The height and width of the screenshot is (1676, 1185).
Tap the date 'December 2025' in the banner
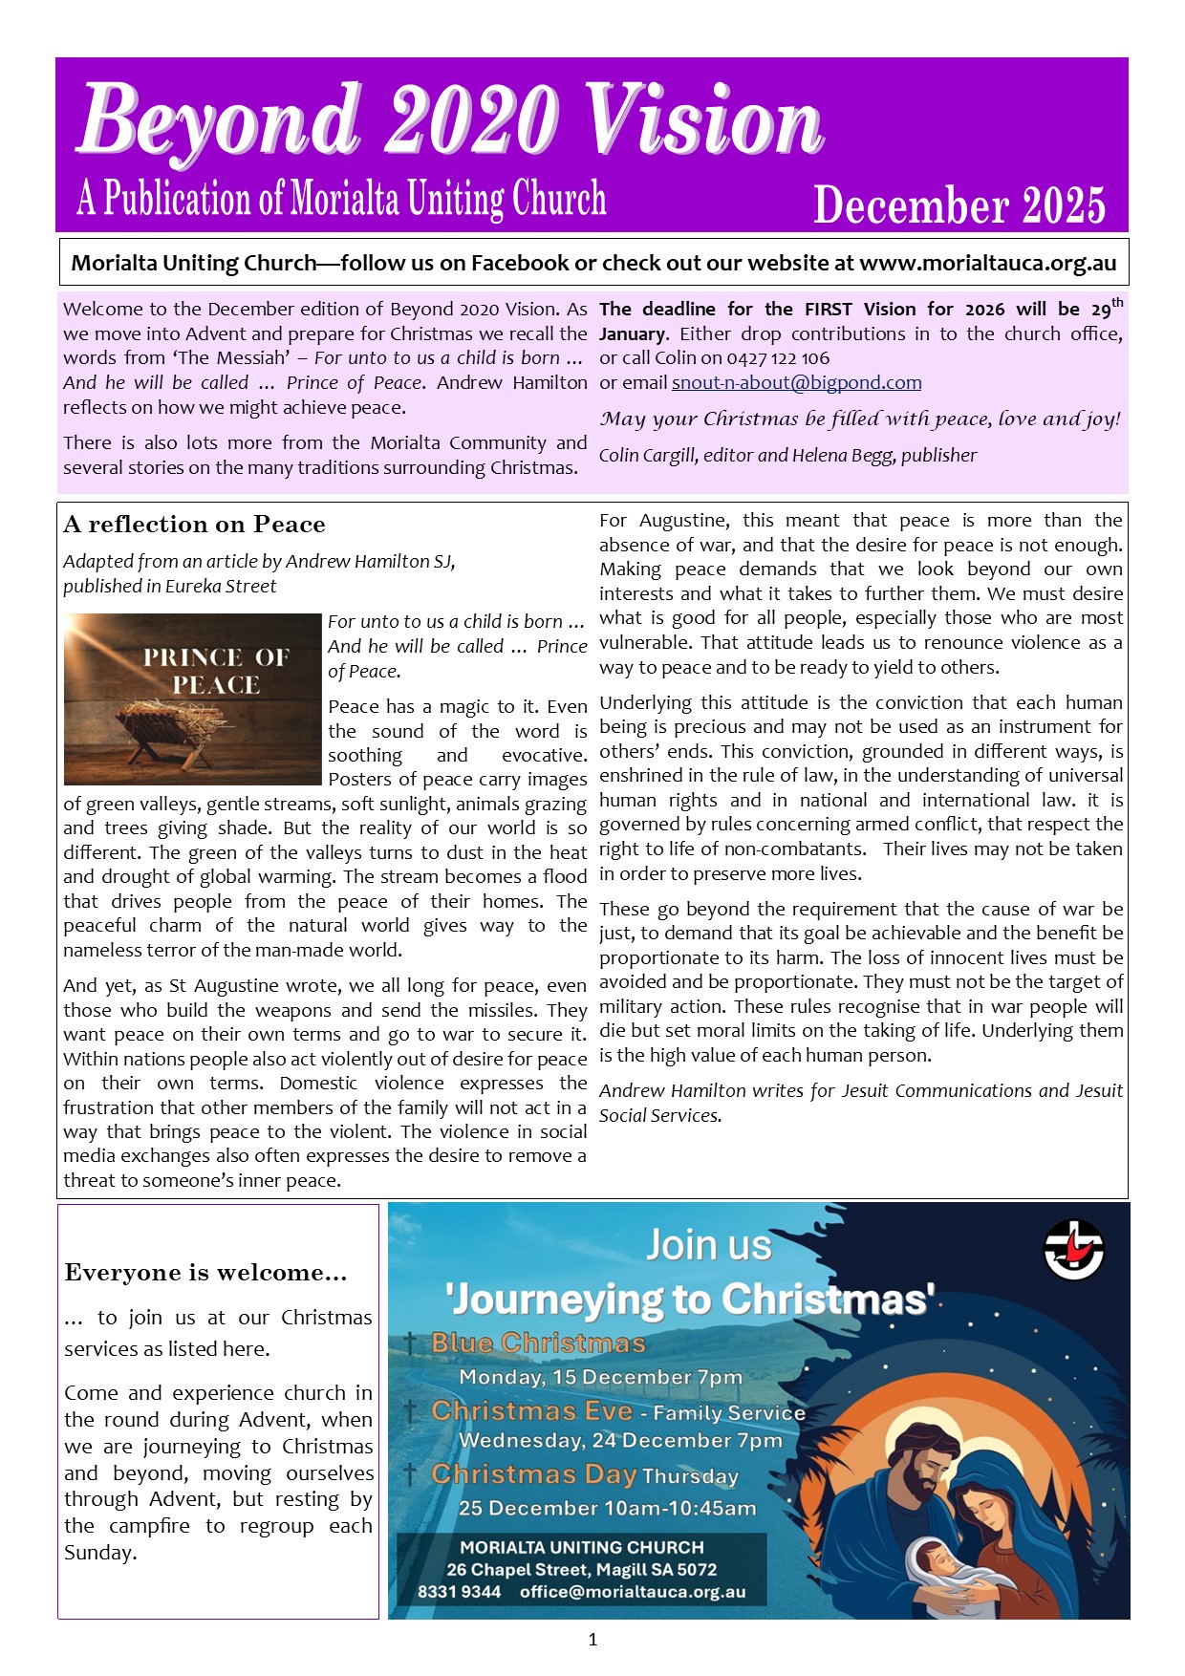point(959,205)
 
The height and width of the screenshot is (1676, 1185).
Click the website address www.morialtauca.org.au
point(987,264)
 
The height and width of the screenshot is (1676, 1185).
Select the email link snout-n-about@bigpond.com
point(796,383)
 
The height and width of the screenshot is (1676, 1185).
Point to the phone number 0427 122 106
point(779,358)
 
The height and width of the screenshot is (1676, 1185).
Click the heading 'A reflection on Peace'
point(194,525)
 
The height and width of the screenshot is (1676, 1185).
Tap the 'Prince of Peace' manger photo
point(192,698)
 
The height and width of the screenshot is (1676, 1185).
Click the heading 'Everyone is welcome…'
point(205,1273)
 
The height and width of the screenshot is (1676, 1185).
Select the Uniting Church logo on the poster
point(1072,1249)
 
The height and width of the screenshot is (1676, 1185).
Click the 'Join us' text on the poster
point(708,1245)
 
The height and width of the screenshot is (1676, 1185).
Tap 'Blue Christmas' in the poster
point(538,1343)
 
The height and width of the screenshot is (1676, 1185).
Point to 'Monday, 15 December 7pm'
point(600,1377)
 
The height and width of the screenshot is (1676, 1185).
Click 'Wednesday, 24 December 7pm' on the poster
point(620,1440)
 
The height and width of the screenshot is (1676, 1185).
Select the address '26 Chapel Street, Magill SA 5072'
point(581,1569)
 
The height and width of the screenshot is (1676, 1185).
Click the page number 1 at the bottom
point(592,1640)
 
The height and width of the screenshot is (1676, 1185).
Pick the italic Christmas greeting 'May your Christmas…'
point(859,419)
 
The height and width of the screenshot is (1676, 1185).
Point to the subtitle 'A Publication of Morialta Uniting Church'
point(341,199)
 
